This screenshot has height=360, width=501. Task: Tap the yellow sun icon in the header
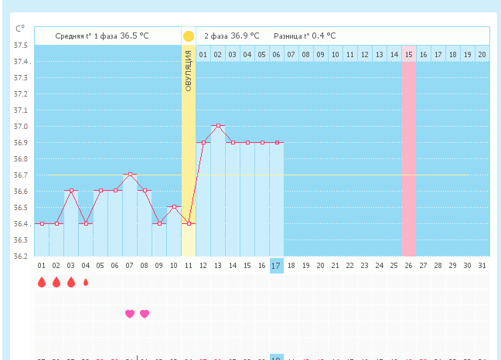click(x=189, y=36)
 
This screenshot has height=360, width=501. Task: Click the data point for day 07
click(x=130, y=175)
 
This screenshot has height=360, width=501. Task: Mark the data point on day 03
click(x=71, y=191)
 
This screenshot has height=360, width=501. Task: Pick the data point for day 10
click(x=174, y=207)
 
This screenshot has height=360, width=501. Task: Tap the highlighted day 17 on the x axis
click(x=277, y=266)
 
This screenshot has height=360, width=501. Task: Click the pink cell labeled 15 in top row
click(x=408, y=54)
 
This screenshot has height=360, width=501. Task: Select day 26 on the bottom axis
click(x=408, y=266)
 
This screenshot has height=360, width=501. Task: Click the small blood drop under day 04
click(x=86, y=283)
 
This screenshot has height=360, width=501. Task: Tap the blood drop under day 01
click(x=42, y=283)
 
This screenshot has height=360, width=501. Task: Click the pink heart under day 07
click(x=130, y=314)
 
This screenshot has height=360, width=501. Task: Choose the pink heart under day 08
click(x=145, y=314)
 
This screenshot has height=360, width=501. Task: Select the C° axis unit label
click(x=20, y=29)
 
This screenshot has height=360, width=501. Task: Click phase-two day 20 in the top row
click(x=482, y=54)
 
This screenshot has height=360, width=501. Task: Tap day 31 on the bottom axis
click(x=482, y=266)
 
